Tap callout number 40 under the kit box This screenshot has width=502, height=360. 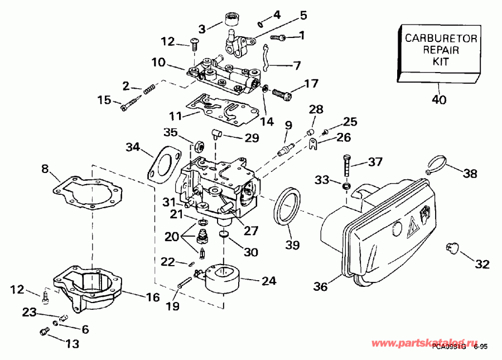pos(439,101)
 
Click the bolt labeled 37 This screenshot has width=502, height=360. pos(347,164)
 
